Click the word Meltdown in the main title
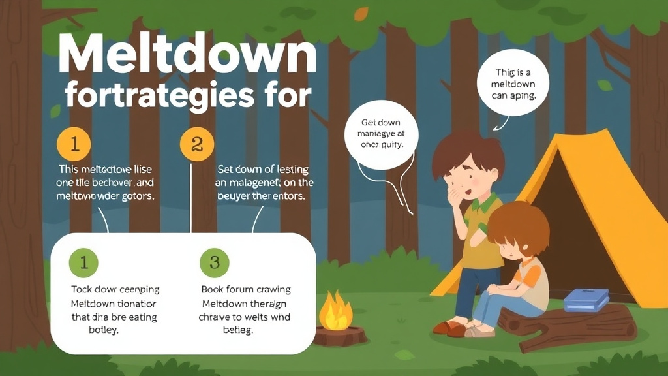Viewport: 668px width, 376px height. [x=187, y=55]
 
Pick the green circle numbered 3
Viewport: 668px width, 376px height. [x=214, y=262]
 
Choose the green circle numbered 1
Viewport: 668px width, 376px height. [x=83, y=262]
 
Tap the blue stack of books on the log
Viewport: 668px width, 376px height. [x=586, y=300]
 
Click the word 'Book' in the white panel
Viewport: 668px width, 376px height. [x=214, y=289]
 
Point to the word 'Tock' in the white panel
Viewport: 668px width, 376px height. [x=82, y=289]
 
